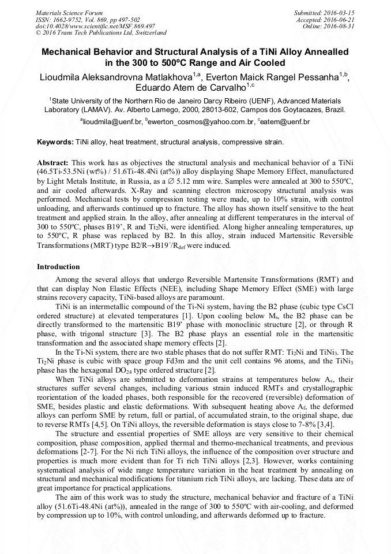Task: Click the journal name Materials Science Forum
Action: click(x=69, y=12)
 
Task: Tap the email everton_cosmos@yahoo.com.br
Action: click(x=201, y=122)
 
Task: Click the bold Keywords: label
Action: click(x=55, y=142)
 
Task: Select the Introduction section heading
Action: click(x=58, y=267)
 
